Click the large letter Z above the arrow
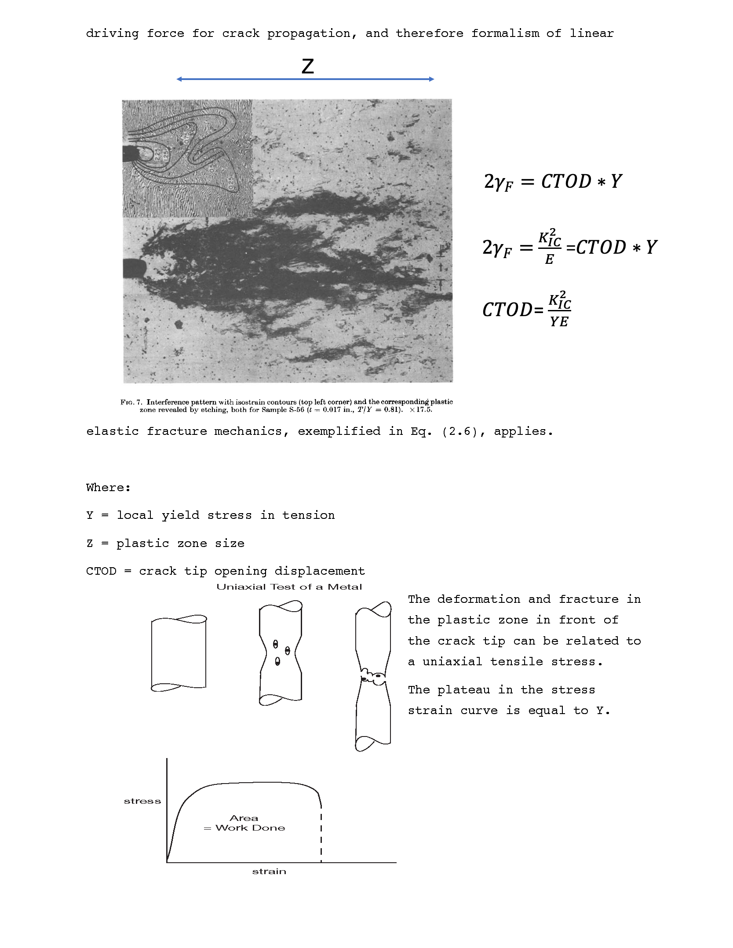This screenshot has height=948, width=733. pos(307,66)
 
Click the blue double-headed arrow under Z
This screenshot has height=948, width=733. pos(305,79)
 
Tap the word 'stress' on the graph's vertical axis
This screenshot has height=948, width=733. pos(142,801)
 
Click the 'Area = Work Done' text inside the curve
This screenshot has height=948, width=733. pos(244,823)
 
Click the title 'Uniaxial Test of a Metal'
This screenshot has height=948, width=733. pos(289,587)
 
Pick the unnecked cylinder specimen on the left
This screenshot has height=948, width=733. pos(179,653)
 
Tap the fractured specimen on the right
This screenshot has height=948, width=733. pos(373,677)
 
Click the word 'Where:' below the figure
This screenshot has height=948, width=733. pos(108,488)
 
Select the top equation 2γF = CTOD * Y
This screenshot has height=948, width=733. pos(552,182)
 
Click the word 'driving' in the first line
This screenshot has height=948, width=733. pos(112,33)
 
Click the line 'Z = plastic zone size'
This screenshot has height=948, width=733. pos(165,543)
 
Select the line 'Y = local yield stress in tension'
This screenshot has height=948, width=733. pos(210,515)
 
